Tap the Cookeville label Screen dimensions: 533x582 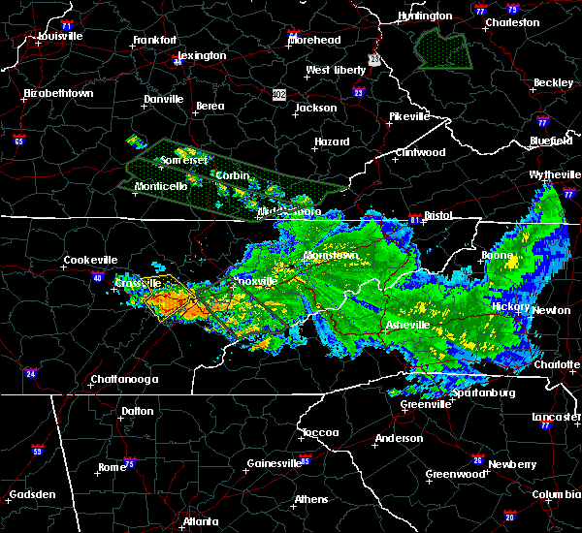click(x=90, y=261)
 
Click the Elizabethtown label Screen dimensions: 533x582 click(x=58, y=94)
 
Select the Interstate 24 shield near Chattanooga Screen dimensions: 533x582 click(x=32, y=372)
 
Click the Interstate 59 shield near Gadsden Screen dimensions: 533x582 click(x=38, y=451)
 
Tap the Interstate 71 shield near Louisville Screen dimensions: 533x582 click(x=66, y=23)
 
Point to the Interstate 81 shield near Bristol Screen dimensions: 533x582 click(x=414, y=219)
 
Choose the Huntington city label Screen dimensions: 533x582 click(x=425, y=16)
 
